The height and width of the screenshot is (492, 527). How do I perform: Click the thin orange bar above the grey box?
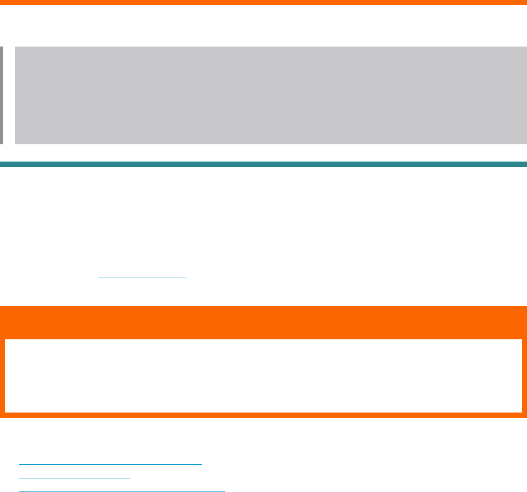[263, 3]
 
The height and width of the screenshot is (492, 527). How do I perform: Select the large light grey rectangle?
[271, 95]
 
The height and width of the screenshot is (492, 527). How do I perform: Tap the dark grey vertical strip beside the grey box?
[2, 95]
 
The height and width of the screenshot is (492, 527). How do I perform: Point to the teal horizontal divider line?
[263, 164]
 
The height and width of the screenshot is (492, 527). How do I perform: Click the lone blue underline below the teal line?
[142, 278]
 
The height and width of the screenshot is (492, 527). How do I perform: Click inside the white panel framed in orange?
[263, 376]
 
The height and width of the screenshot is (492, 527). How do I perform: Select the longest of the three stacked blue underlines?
[121, 491]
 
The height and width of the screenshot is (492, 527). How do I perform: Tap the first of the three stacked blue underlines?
[110, 464]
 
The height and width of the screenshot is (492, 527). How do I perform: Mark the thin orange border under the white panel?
[263, 415]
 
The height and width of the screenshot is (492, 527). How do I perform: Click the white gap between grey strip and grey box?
[9, 95]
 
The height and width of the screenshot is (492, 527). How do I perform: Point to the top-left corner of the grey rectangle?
[16, 47]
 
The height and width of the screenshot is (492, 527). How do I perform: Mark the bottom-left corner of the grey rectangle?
[16, 143]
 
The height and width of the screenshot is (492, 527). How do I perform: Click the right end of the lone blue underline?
[186, 278]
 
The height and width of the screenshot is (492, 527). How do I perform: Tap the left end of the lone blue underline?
[99, 278]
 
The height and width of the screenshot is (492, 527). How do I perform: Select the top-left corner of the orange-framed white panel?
[6, 340]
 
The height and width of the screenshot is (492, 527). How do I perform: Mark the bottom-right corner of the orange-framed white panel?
[521, 412]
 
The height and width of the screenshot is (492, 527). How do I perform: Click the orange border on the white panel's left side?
[3, 376]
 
